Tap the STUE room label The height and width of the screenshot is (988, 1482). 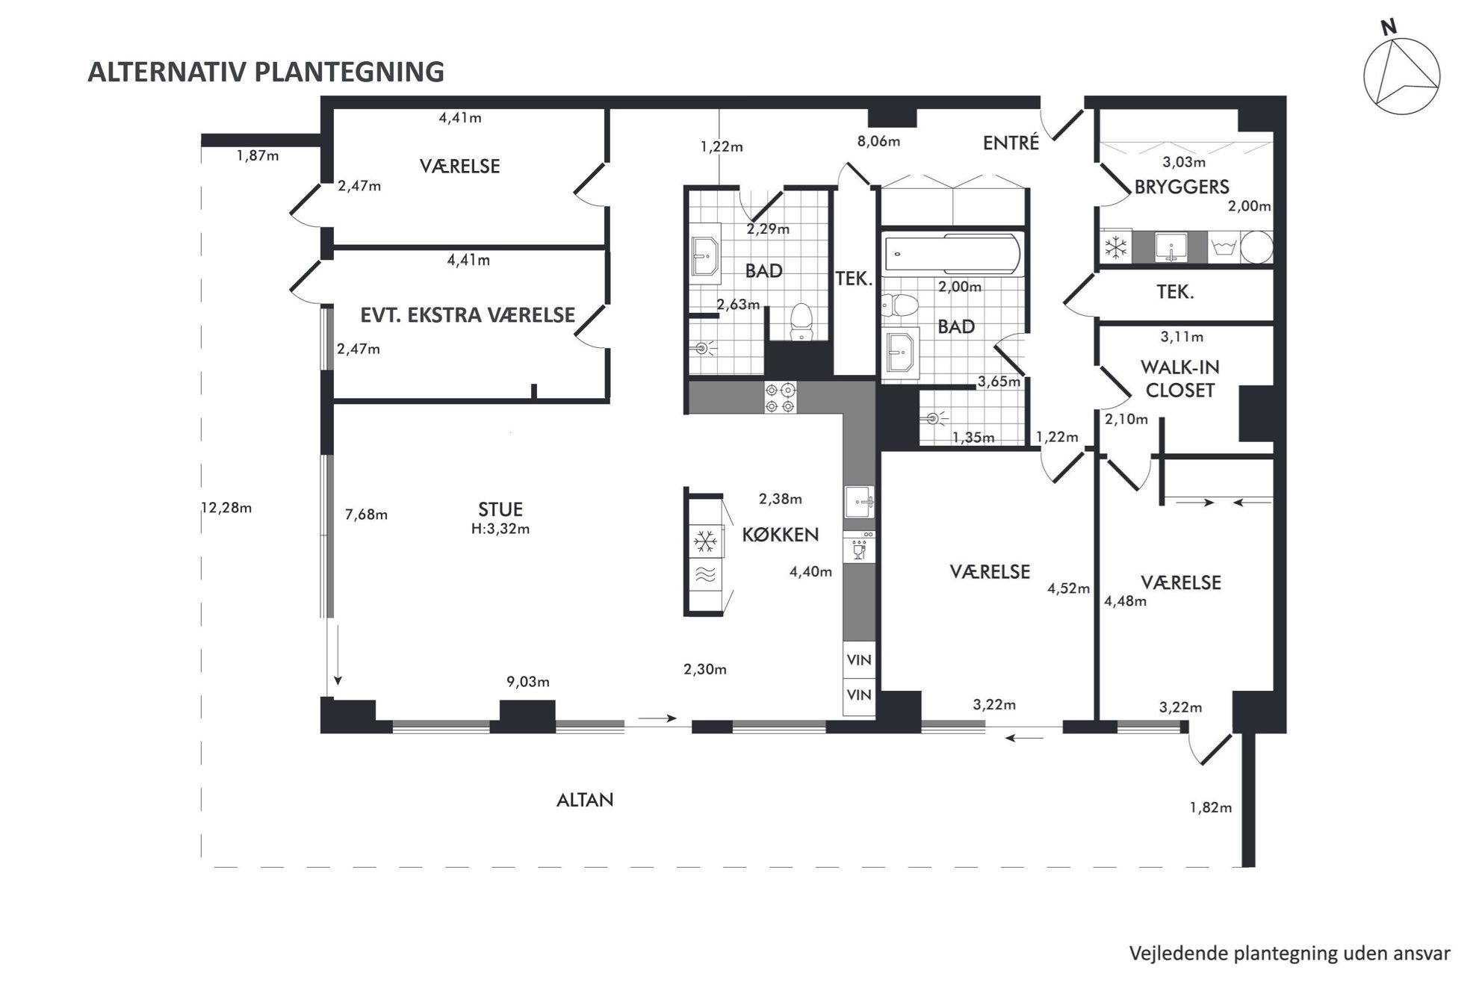(x=500, y=509)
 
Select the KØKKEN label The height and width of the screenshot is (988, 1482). (x=781, y=535)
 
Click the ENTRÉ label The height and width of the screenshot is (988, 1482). (x=1011, y=142)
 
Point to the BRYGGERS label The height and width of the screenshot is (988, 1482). (x=1182, y=187)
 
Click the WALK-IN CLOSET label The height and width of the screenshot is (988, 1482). (x=1180, y=379)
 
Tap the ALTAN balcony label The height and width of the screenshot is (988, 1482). (x=585, y=800)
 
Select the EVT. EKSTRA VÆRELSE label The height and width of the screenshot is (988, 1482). (x=468, y=315)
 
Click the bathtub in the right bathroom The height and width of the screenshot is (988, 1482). (x=952, y=252)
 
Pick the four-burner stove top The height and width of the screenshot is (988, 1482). (x=780, y=397)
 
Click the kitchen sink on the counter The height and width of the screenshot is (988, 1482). (x=859, y=501)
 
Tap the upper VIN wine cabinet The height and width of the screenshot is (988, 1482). (x=859, y=660)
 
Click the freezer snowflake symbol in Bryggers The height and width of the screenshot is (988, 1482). (x=1115, y=247)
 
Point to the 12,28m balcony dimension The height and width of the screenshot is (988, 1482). (x=226, y=508)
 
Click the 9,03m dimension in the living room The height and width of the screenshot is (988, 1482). (x=528, y=682)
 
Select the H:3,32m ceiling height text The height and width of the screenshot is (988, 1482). (x=500, y=529)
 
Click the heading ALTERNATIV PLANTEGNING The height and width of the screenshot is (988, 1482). (x=266, y=72)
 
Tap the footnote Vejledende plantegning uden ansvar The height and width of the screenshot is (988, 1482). (x=1289, y=954)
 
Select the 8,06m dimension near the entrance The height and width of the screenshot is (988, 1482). (x=878, y=141)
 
